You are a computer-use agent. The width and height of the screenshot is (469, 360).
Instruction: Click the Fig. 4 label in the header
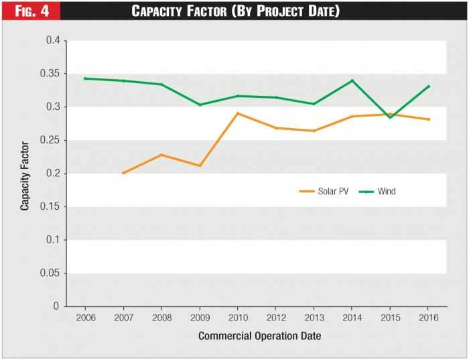29,11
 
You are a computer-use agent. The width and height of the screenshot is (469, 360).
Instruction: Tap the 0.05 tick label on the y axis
51,273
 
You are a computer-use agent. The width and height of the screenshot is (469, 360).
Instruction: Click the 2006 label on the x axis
85,318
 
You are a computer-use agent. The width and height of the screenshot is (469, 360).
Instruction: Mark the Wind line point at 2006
85,78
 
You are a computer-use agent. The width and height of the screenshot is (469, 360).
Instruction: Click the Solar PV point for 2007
123,173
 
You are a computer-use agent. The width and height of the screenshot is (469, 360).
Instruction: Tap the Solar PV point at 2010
238,113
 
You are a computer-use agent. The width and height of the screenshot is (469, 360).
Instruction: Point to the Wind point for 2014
352,80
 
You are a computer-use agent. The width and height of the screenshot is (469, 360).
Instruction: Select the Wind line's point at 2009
200,105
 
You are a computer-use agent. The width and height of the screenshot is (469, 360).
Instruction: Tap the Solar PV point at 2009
200,166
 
